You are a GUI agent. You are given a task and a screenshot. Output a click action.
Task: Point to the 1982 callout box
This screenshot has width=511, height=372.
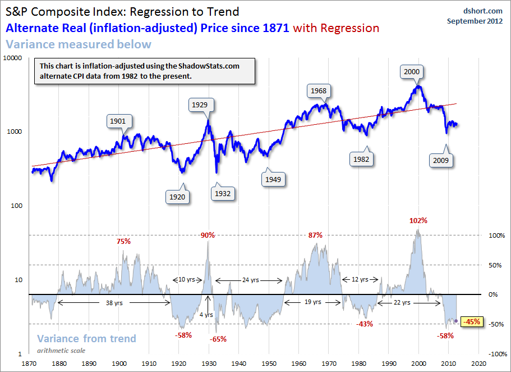pos(361,159)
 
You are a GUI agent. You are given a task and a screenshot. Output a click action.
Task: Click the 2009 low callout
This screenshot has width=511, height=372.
pos(440,161)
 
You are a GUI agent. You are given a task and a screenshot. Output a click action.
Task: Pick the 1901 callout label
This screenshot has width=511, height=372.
pos(118,121)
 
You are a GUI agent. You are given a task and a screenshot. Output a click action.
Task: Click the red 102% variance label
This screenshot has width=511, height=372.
pos(418,221)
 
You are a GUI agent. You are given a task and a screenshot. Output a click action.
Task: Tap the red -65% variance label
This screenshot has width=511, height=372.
pos(218,339)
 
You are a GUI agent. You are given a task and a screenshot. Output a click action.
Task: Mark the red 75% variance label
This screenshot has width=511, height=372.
pos(123,242)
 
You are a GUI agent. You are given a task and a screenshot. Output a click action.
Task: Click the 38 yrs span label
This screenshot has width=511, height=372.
pos(114,302)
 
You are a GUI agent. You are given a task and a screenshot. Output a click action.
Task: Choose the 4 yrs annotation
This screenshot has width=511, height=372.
pos(207,315)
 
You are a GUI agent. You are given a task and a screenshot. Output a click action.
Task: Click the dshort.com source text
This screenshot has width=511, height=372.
pos(484,10)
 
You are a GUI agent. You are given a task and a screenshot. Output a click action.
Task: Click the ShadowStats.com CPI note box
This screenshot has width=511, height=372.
pos(144,71)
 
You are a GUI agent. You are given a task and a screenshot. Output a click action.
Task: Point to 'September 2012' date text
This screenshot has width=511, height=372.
pos(475,21)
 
